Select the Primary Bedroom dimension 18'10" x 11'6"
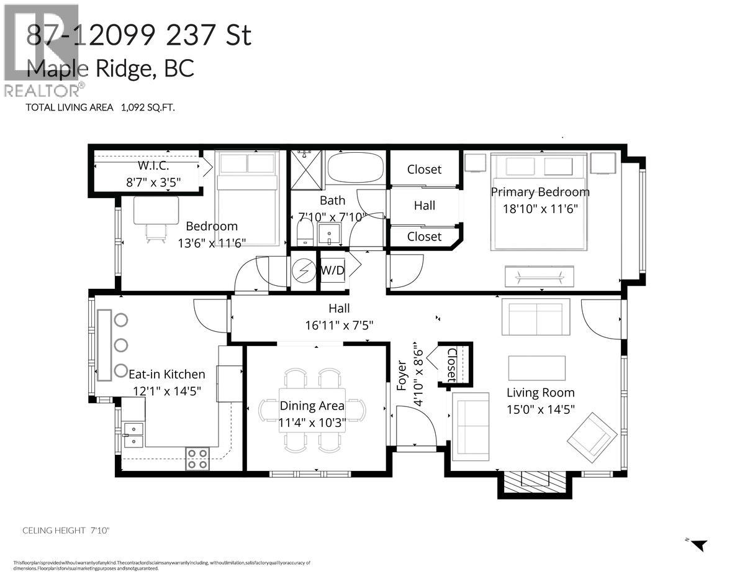coord(540,209)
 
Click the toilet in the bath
coord(304,233)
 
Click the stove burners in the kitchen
coord(198,459)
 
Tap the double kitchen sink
coord(133,434)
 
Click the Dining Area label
coord(312,406)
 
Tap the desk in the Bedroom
coord(156,211)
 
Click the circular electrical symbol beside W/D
coord(304,270)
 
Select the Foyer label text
coord(401,375)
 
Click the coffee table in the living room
coord(536,367)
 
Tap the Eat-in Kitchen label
coord(166,374)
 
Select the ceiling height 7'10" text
coord(66,530)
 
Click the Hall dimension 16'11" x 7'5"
coord(339,324)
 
